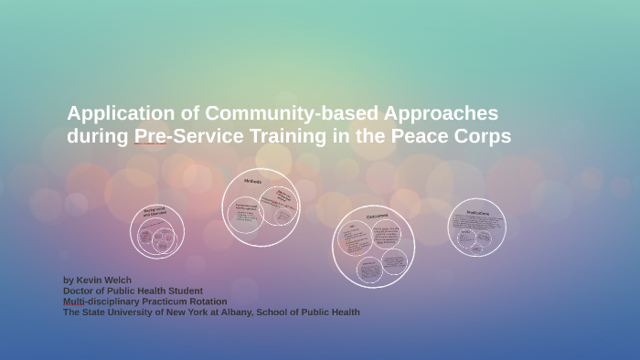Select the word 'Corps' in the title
pos(483,137)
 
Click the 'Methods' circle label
pos(252,182)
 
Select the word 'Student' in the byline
pos(182,291)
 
